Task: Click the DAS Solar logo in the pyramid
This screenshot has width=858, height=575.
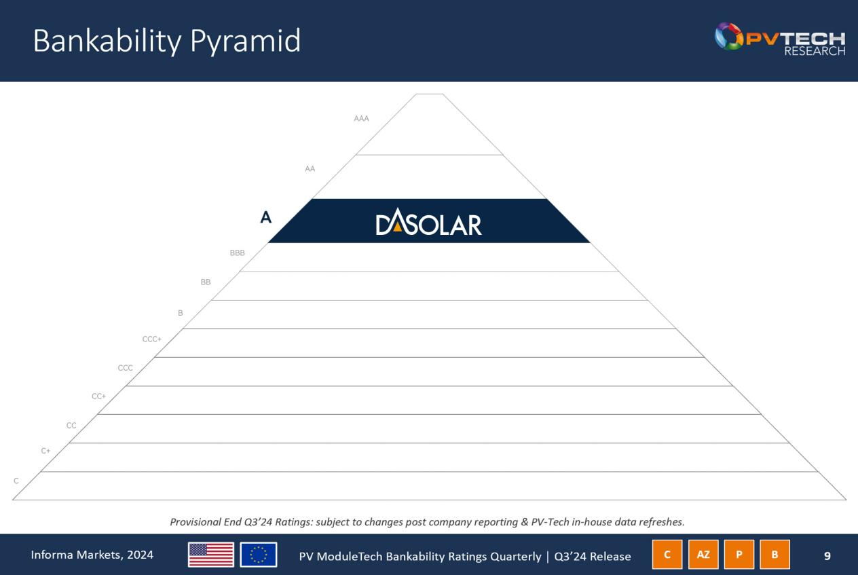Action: click(428, 222)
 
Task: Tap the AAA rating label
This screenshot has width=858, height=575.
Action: click(361, 119)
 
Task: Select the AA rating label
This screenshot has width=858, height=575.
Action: click(310, 169)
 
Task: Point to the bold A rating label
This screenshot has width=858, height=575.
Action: click(266, 217)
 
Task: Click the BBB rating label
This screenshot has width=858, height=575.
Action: click(237, 253)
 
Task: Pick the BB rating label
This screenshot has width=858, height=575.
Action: click(206, 282)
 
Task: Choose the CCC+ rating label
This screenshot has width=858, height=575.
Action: click(151, 339)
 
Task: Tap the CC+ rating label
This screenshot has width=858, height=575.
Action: click(98, 396)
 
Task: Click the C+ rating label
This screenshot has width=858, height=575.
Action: click(45, 451)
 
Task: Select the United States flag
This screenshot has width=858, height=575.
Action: click(211, 555)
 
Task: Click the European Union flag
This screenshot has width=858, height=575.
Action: click(259, 555)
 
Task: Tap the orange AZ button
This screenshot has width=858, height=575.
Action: click(703, 555)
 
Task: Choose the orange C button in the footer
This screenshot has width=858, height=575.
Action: click(667, 555)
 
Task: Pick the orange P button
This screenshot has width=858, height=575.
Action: click(739, 555)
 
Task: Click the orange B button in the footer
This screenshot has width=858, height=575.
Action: click(775, 555)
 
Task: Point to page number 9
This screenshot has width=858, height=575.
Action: click(827, 556)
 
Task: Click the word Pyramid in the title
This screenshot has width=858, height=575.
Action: click(246, 41)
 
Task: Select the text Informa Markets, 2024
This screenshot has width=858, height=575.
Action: click(92, 555)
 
